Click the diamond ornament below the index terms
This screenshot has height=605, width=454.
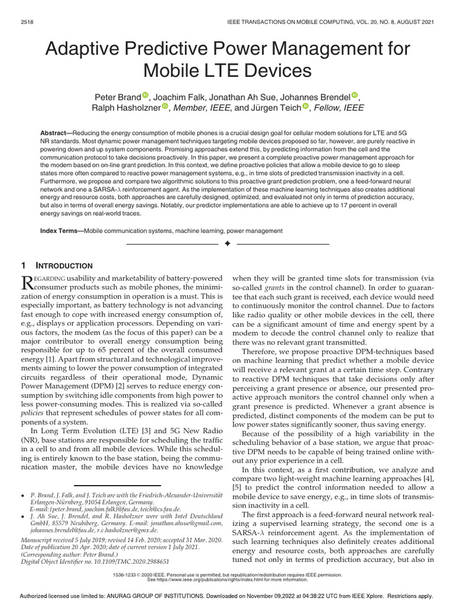point(227,244)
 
